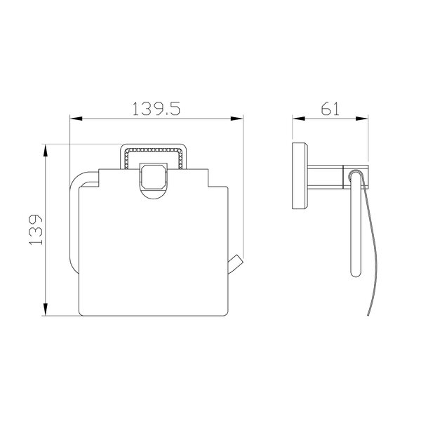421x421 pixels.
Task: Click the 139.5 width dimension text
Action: (x=156, y=109)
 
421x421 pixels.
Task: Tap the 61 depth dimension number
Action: (x=330, y=109)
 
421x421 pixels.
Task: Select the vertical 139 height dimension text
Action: (x=36, y=229)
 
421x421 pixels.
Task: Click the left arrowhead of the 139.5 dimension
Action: (x=76, y=119)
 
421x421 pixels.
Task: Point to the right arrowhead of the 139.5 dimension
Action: (x=237, y=119)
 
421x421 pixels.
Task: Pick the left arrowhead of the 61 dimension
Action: (x=299, y=119)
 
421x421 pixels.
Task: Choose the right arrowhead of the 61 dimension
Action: (x=362, y=119)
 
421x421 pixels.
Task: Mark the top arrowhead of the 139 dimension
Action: (x=46, y=150)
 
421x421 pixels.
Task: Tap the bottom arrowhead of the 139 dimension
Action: (x=46, y=309)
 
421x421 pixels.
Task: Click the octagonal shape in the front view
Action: (x=154, y=177)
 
